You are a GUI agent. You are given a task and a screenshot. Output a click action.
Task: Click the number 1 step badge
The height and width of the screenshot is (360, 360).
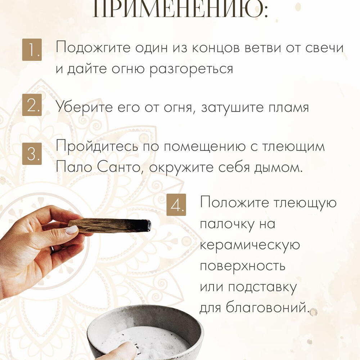[32, 50]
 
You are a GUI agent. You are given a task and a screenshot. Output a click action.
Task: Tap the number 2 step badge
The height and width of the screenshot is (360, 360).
[32, 105]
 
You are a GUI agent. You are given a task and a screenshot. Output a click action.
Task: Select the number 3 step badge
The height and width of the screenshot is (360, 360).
[32, 154]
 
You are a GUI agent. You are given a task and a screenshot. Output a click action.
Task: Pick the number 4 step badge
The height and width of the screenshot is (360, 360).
[176, 205]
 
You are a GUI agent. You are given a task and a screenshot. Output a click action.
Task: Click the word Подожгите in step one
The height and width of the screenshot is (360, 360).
[93, 48]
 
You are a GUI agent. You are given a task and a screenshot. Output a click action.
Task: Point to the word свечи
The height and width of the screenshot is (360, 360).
[324, 48]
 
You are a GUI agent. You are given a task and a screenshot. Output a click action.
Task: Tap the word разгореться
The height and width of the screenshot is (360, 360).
[191, 69]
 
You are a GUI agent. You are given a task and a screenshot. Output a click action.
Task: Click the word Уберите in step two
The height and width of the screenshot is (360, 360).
[85, 107]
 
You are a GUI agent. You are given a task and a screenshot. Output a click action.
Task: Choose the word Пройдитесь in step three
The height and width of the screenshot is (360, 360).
[96, 146]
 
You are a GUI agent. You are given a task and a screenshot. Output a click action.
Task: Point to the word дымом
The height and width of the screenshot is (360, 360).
[278, 167]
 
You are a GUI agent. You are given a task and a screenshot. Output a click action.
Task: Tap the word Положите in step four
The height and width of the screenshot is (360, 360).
[234, 203]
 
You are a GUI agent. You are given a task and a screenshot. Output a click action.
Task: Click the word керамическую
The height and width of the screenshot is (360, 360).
[250, 246]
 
